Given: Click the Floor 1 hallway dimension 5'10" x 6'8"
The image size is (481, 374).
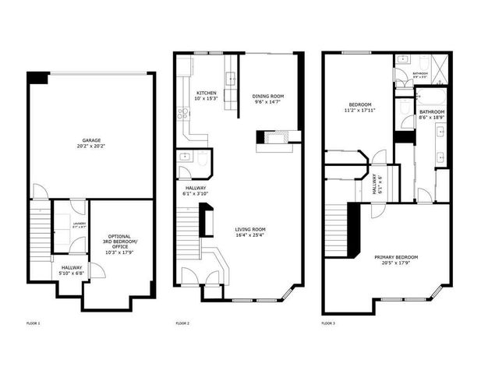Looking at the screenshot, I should (x=72, y=273).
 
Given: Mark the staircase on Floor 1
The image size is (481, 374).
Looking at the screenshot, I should (x=38, y=226).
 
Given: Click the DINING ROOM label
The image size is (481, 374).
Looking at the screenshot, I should (x=268, y=97).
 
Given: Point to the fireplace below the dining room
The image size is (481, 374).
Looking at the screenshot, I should (x=278, y=138).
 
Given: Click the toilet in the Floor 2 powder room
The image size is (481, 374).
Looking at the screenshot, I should (x=203, y=162).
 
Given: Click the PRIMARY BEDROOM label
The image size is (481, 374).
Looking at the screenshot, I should (x=395, y=257).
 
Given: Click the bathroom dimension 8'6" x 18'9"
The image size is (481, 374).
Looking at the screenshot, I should (x=432, y=118).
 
